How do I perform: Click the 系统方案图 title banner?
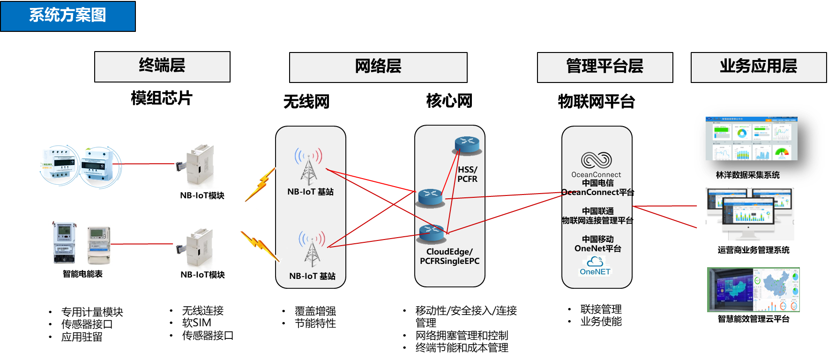pos(68,15)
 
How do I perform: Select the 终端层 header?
pos(162,66)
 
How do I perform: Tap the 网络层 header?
pos(378,67)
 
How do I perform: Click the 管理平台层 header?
pos(605,67)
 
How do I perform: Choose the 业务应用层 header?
pos(759,67)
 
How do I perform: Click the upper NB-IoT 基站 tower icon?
pos(308,166)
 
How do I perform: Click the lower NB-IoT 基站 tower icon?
pos(312,249)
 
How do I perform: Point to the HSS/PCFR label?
pos(467,174)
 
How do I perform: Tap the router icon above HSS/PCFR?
pos(467,145)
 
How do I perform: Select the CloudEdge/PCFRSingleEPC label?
pos(449,256)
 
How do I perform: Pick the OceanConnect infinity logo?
pos(596,160)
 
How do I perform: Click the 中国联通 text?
pos(598,211)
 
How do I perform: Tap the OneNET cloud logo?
pos(595,262)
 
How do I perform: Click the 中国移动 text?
pos(598,239)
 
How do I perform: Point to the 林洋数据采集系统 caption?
pos(748,175)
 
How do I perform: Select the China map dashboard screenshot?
pos(753,290)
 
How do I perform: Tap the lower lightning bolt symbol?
pos(259,244)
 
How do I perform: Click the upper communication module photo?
pos(196,164)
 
